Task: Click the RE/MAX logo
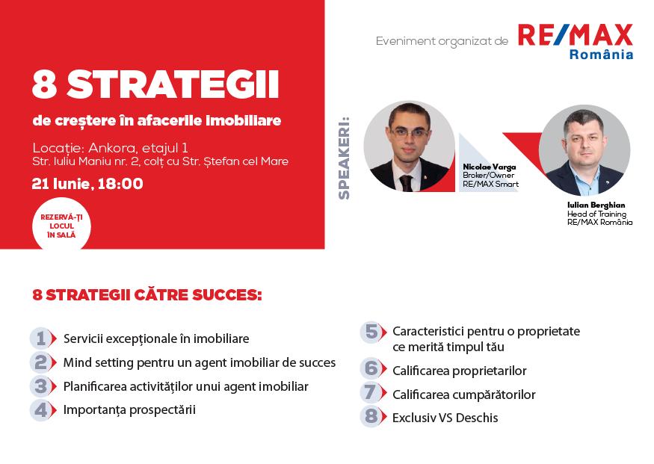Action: [575, 36]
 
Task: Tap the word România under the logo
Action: [601, 55]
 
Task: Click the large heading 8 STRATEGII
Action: [155, 87]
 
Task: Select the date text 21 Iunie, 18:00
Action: [87, 184]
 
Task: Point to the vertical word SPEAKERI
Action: [345, 158]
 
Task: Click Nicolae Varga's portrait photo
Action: [409, 147]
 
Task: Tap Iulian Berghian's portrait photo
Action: [584, 150]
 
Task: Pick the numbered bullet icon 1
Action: [43, 338]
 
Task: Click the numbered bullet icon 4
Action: [43, 409]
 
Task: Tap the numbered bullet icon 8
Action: [371, 417]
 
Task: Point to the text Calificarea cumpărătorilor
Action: [463, 395]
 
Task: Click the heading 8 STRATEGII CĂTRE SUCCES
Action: [147, 295]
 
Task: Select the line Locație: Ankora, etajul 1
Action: [110, 146]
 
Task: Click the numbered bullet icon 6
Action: [371, 368]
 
